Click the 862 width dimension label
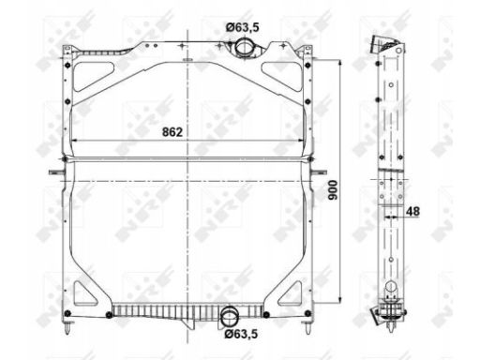pyautogui.click(x=172, y=132)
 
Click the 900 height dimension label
pyautogui.click(x=333, y=190)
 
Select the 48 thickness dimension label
pyautogui.click(x=412, y=212)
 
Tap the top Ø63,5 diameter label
pyautogui.click(x=243, y=27)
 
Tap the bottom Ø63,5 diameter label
pyautogui.click(x=241, y=334)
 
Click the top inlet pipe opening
pyautogui.click(x=244, y=47)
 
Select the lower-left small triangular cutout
pyautogui.click(x=83, y=294)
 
